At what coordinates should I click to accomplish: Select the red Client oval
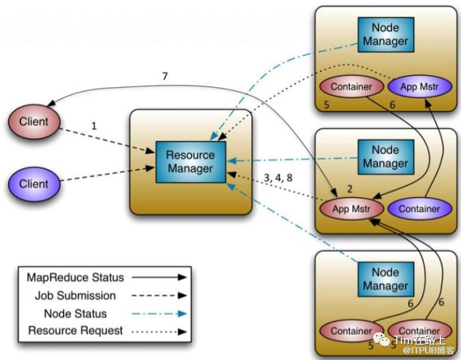(x=33, y=121)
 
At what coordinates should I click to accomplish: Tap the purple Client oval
(x=33, y=184)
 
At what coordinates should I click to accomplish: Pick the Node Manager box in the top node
(x=385, y=35)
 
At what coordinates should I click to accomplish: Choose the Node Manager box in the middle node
(x=385, y=157)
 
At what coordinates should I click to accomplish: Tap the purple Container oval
(x=419, y=209)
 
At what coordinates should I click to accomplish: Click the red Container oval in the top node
(x=351, y=87)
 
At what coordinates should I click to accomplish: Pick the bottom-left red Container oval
(x=351, y=331)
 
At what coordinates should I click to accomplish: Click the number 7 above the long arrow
(x=165, y=77)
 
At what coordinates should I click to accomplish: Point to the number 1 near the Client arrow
(x=94, y=126)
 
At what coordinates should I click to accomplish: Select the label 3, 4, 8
(x=279, y=177)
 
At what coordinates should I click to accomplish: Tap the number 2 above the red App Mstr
(x=350, y=190)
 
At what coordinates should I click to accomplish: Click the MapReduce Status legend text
(x=75, y=278)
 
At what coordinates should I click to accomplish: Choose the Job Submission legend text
(x=75, y=296)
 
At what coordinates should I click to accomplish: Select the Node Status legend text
(x=75, y=314)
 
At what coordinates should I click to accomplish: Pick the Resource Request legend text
(x=75, y=331)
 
